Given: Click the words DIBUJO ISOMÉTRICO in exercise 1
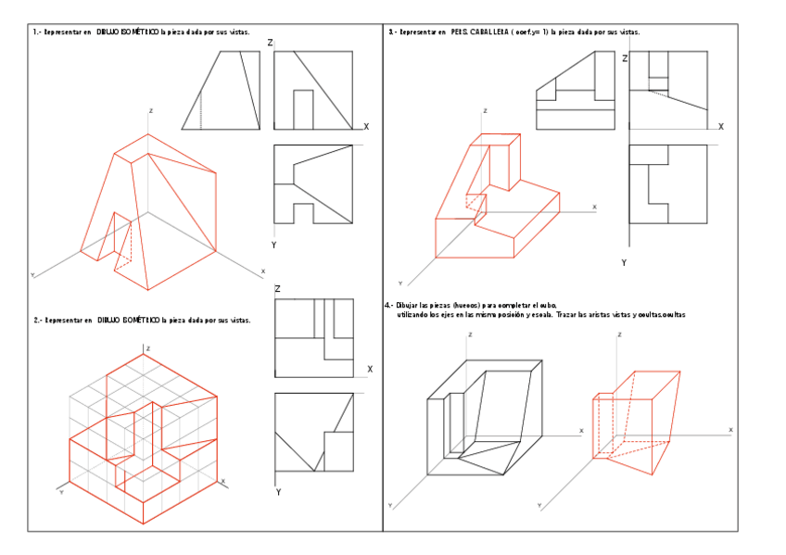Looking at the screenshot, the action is tap(128, 32).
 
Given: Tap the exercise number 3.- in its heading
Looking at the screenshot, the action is tap(393, 32).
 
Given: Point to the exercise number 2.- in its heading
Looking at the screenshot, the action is tap(38, 321).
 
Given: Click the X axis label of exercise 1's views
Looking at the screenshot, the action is tap(366, 127).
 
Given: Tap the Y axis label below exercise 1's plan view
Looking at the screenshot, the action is tap(273, 245).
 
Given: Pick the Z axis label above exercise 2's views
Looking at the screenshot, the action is tap(277, 289).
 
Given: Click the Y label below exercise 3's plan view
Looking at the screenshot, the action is tap(624, 263).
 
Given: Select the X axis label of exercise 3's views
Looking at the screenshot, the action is tap(720, 126).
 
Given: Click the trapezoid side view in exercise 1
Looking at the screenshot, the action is tap(221, 91).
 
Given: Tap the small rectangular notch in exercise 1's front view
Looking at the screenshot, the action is tap(303, 109).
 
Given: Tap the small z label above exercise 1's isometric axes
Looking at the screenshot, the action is tap(150, 110).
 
